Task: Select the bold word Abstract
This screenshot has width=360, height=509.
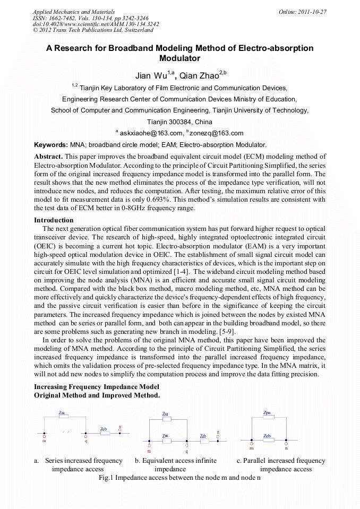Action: coord(48,157)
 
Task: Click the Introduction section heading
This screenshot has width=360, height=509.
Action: coord(54,220)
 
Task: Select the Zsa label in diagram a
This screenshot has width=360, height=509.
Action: coord(62,412)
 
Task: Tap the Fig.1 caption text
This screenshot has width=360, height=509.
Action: coord(179,478)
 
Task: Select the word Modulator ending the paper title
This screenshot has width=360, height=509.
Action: coord(179,58)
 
